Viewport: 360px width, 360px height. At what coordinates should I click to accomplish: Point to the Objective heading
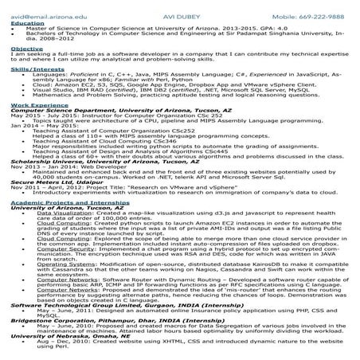(x=22, y=49)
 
